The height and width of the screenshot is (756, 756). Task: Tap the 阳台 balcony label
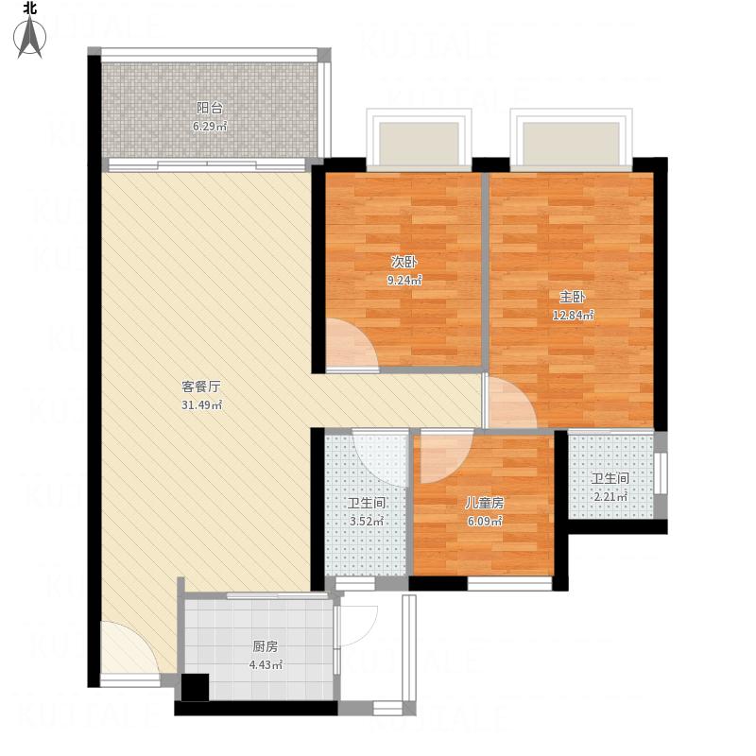click(x=210, y=108)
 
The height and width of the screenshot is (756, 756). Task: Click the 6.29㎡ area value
click(x=210, y=127)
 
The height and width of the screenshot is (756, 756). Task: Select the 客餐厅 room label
click(x=201, y=387)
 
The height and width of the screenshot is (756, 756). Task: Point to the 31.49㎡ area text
click(x=201, y=405)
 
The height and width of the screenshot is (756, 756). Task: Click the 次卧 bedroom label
click(x=404, y=262)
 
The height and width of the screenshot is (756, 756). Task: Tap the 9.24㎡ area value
click(x=404, y=280)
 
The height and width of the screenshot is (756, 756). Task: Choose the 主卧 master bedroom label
click(x=573, y=297)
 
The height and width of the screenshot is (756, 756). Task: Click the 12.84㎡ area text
click(x=573, y=316)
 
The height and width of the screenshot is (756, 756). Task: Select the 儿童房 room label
click(x=484, y=503)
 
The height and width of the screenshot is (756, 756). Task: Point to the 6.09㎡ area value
click(x=485, y=522)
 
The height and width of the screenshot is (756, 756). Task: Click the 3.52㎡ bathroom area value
click(x=366, y=522)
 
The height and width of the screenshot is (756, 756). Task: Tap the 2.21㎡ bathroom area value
click(x=610, y=497)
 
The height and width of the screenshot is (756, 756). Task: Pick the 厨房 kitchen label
click(x=266, y=646)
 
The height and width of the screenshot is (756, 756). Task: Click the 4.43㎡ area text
click(x=266, y=665)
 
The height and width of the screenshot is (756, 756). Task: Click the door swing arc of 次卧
click(x=363, y=331)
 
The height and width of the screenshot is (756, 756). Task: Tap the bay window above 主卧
click(x=572, y=139)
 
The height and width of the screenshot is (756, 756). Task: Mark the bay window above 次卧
click(x=419, y=139)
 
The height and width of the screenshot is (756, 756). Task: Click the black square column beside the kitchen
click(x=195, y=687)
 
